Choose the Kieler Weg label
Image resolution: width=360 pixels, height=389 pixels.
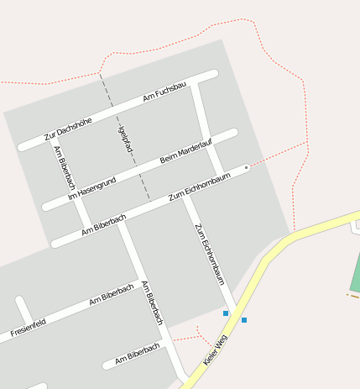216,350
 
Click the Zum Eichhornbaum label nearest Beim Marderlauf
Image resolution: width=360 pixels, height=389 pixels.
200,186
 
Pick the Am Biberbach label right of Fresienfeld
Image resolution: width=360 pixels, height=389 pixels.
111,295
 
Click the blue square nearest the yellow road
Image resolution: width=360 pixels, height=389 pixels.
244,320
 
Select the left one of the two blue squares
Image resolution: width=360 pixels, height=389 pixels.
226,313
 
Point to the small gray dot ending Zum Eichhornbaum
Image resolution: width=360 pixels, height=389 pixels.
246,168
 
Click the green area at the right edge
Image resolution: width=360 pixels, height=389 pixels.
355,273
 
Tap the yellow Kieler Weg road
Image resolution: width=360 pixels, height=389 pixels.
277,253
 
